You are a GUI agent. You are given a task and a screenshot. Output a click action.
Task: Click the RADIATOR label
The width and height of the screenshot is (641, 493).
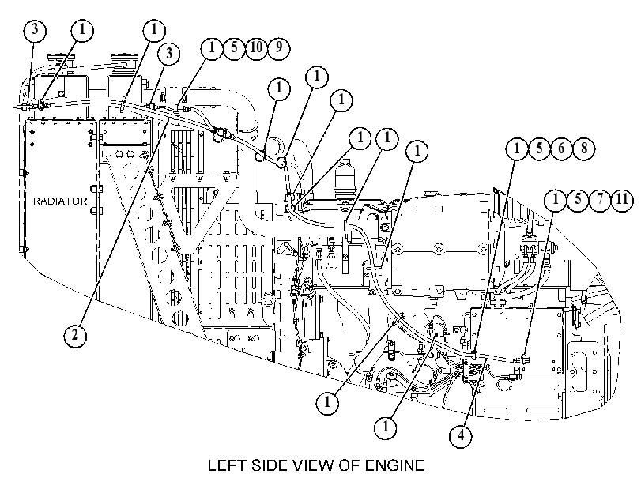[x=60, y=201]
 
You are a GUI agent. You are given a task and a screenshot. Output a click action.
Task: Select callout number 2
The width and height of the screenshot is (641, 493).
[x=75, y=335]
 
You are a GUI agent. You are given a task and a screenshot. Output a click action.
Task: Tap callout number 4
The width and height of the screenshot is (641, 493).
[x=461, y=436]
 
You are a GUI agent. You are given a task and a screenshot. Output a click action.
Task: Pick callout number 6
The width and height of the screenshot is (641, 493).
[x=562, y=148]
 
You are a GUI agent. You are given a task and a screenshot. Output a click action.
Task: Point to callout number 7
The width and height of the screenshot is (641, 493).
[x=600, y=199]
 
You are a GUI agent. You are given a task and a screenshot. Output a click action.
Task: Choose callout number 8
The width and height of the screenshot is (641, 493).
[x=584, y=148]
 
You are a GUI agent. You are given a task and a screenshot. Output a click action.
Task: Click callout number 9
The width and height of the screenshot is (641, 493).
[x=279, y=48]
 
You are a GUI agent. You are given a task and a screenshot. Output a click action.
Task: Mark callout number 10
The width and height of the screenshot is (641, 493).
[x=256, y=48]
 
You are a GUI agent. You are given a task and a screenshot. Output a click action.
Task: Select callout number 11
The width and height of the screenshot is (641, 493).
[x=622, y=199]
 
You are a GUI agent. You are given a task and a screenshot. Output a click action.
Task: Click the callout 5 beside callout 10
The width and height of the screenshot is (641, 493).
[x=234, y=48]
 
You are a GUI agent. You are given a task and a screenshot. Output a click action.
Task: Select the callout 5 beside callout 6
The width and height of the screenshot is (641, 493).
[x=539, y=148]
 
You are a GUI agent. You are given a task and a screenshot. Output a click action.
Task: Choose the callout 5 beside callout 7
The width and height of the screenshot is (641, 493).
[x=578, y=199]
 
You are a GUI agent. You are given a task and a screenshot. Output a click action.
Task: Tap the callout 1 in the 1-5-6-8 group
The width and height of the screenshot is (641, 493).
[x=517, y=148]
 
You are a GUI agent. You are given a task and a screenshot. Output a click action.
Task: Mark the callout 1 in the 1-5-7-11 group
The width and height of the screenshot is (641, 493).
[x=556, y=199]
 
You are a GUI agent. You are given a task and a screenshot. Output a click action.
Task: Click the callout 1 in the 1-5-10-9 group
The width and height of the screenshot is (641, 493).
[x=212, y=48]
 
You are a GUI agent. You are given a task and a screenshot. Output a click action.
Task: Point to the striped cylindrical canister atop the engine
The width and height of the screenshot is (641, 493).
[x=346, y=180]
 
